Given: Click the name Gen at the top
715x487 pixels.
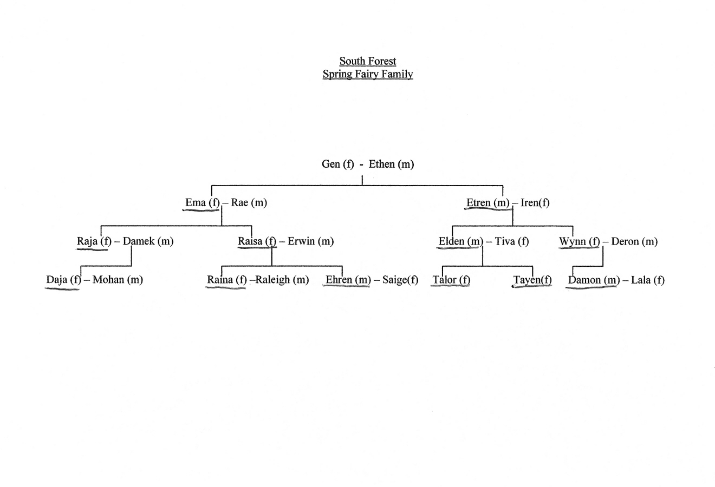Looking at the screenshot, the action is [x=330, y=164].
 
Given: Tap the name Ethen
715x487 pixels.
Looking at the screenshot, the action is [x=382, y=164].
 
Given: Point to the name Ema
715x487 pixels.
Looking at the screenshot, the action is [x=196, y=202].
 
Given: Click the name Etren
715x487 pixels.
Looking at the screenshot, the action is [x=478, y=202].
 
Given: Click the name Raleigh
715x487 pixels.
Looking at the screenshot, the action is [x=272, y=280].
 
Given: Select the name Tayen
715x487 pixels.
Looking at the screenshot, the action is [x=526, y=280].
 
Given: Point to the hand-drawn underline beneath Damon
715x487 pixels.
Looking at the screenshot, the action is [x=591, y=288].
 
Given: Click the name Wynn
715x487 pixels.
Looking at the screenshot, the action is [x=573, y=241].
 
